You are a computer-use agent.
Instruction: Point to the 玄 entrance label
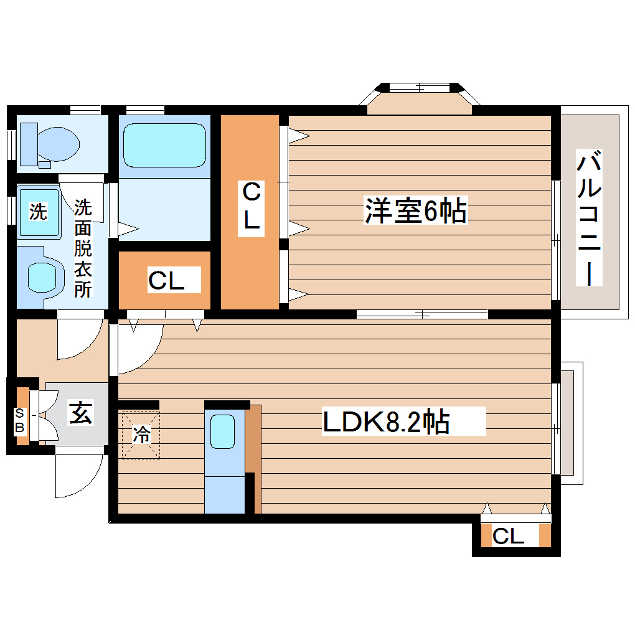[81, 413]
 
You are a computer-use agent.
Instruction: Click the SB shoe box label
[21, 421]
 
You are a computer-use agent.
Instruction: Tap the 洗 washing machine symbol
[39, 212]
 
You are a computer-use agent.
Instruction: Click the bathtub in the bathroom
[164, 144]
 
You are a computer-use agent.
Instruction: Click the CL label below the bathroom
[166, 281]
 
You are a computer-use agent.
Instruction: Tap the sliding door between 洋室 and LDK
[422, 314]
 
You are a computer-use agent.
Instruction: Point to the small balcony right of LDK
[568, 423]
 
